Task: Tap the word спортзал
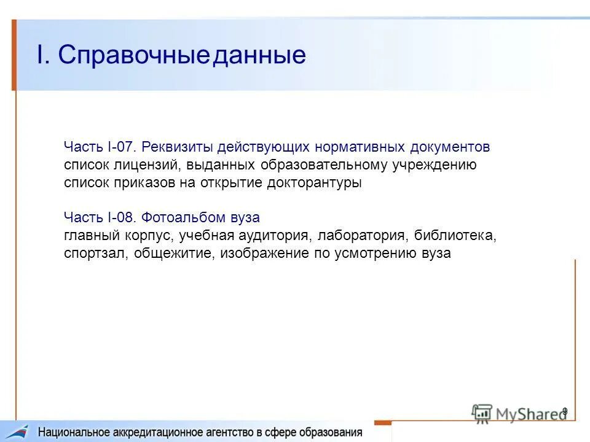tap(94, 254)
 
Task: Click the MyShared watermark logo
tap(518, 413)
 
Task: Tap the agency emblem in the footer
tap(18, 432)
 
